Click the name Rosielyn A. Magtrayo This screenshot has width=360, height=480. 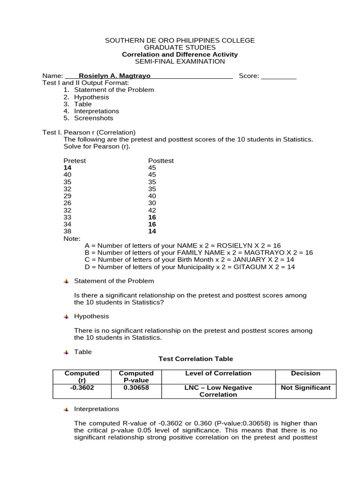tap(114, 76)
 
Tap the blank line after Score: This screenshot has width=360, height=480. tap(278, 77)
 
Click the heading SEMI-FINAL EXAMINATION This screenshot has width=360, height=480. tap(180, 61)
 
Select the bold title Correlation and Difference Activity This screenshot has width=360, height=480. tap(180, 54)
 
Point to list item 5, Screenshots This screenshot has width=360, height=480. tap(93, 118)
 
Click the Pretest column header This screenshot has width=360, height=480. tap(75, 161)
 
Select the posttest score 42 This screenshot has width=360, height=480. tap(152, 210)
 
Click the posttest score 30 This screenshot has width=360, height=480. tap(152, 203)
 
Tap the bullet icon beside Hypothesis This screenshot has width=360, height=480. tap(66, 316)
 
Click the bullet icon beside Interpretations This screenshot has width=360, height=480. tap(66, 409)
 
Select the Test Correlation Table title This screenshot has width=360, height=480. tap(195, 359)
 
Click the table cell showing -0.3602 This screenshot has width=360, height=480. tap(82, 388)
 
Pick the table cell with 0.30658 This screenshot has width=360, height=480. tap(136, 388)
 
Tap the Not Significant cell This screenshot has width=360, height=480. tap(305, 388)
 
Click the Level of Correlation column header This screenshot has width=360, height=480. tap(218, 374)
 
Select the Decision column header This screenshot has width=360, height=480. tap(305, 374)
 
